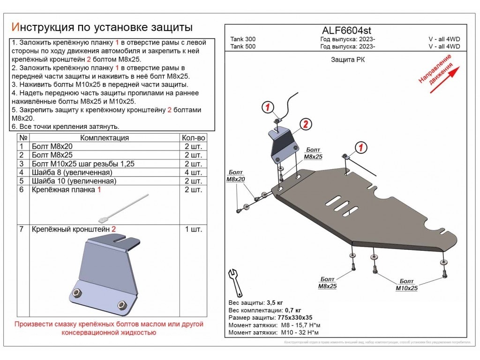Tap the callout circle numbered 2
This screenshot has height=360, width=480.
pos(305,124)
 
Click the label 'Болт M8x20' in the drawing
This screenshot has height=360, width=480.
pos(235,176)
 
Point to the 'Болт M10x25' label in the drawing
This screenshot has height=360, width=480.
pos(406,285)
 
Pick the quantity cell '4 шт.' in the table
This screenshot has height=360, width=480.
pos(193,172)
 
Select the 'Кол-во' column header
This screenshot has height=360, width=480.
pos(193,138)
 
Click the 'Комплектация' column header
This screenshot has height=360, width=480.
pos(105,138)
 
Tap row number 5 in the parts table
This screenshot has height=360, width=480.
pos(21,181)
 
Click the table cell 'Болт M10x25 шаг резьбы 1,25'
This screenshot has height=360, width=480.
pos(83,164)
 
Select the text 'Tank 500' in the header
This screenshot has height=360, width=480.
pos(243,46)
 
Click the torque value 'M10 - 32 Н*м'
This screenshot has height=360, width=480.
pos(300,332)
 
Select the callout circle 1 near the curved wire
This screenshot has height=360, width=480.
pos(267,108)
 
